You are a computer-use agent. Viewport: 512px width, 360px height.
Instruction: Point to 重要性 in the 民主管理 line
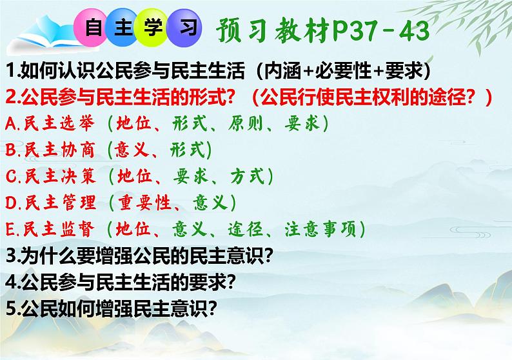pyautogui.click(x=145, y=203)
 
